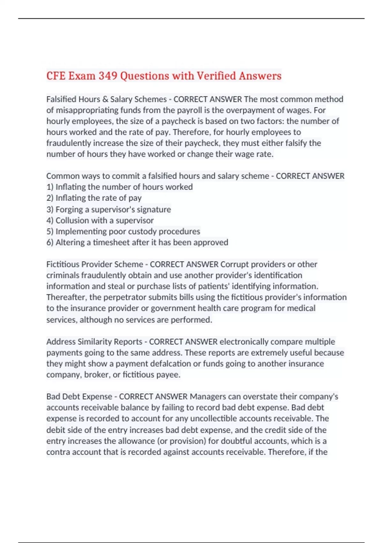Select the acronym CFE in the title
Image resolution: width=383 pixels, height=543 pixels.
pos(56,76)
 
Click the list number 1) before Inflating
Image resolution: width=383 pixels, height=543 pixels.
pos(50,187)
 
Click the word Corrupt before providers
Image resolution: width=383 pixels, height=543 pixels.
pos(235,264)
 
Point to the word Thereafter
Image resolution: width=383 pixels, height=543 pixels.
pos(66,297)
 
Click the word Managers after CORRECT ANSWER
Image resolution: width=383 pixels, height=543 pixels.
pos(208,397)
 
